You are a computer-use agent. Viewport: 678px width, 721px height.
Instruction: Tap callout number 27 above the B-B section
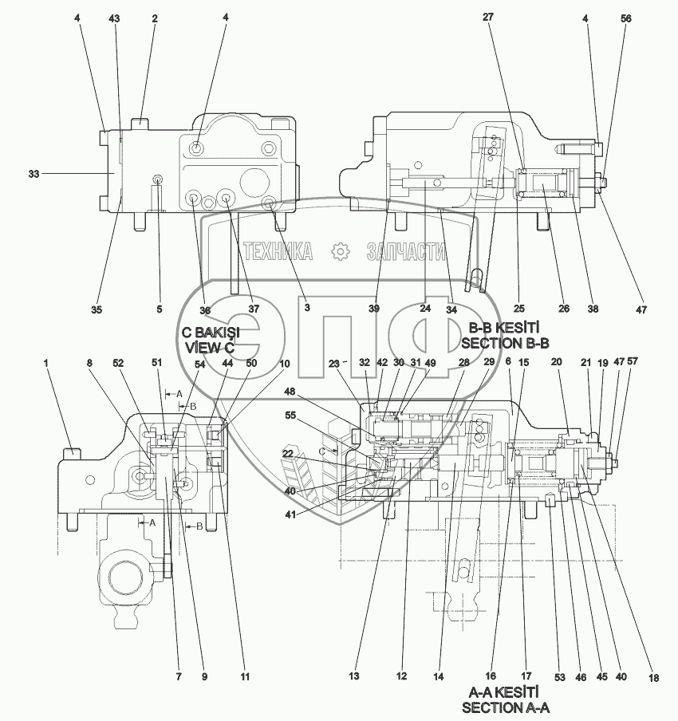click(489, 18)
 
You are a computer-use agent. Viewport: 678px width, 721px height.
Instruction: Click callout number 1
click(46, 363)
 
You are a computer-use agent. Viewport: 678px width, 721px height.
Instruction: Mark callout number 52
click(118, 363)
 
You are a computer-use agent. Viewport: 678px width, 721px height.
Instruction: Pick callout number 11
click(246, 677)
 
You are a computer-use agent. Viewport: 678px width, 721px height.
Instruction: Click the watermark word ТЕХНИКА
click(278, 252)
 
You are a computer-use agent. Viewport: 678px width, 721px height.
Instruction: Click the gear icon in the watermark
click(341, 252)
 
